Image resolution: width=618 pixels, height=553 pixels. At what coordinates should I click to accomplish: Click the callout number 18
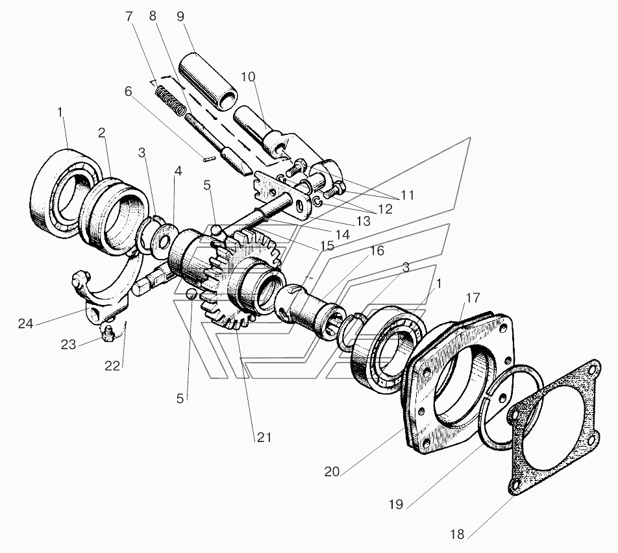coord(457,534)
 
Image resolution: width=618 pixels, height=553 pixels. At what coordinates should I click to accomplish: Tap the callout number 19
coord(395,504)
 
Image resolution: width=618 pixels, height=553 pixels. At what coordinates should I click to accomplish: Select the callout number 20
coord(332,471)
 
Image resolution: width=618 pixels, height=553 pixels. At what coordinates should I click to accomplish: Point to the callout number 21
coord(264,437)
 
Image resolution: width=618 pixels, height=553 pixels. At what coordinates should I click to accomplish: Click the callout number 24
coord(25,324)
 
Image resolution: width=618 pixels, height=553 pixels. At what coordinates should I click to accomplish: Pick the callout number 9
coord(180,17)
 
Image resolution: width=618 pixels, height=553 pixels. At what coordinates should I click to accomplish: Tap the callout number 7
coord(129,17)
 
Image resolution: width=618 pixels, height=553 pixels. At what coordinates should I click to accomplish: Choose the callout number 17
coord(473,297)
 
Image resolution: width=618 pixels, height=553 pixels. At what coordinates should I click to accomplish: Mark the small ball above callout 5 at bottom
coord(191,293)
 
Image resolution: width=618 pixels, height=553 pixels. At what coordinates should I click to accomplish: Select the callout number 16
coord(377,251)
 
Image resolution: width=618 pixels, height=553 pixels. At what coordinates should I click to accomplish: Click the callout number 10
coord(248,77)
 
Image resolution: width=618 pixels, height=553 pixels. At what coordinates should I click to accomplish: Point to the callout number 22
coord(112,366)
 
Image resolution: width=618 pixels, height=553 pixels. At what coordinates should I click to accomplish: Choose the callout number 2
coord(102,133)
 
